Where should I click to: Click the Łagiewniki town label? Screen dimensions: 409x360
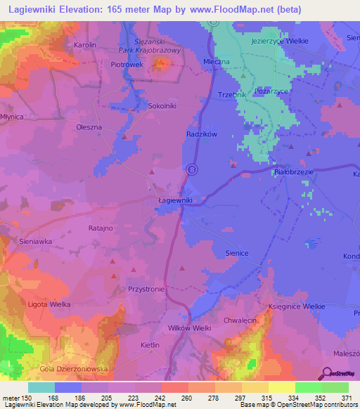tap(172, 200)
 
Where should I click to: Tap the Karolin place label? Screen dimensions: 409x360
tap(84, 44)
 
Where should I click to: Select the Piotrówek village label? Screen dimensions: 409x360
tap(127, 64)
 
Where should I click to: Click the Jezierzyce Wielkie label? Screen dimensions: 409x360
tap(279, 41)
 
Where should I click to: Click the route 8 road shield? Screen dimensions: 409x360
tap(191, 169)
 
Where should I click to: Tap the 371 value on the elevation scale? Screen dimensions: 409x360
tap(347, 399)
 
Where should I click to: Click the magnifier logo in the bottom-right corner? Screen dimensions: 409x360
tap(326, 373)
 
